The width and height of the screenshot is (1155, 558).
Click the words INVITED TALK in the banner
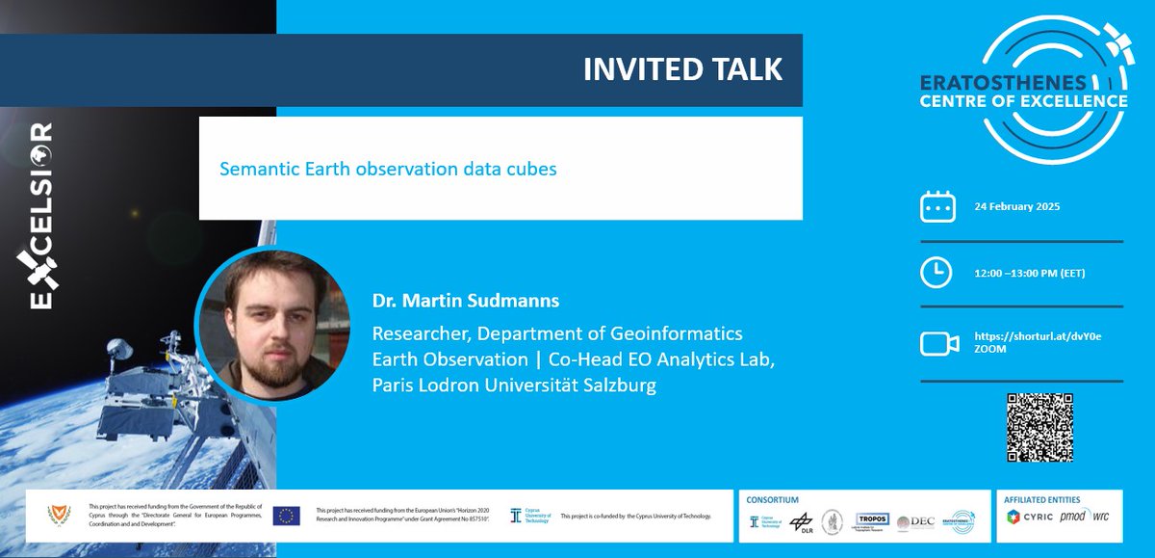click(682, 70)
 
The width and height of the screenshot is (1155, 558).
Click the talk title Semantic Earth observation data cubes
click(388, 169)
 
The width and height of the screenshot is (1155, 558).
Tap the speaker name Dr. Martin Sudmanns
click(466, 302)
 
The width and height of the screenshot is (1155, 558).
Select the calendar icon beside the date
click(937, 207)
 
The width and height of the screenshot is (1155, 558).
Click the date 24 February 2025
click(1017, 207)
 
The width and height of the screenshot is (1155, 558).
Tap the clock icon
click(937, 274)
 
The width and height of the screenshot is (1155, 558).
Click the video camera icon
click(938, 342)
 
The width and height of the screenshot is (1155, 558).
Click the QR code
click(1038, 428)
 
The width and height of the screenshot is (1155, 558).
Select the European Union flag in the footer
click(286, 516)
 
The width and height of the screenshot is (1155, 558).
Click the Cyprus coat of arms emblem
click(60, 515)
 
